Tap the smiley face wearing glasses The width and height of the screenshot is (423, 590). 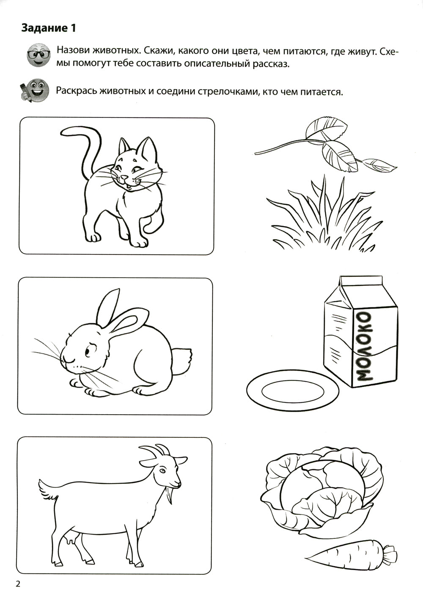[38, 55]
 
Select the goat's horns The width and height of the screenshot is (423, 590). [154, 452]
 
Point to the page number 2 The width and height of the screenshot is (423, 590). [18, 584]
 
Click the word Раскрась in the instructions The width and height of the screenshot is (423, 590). [75, 91]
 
